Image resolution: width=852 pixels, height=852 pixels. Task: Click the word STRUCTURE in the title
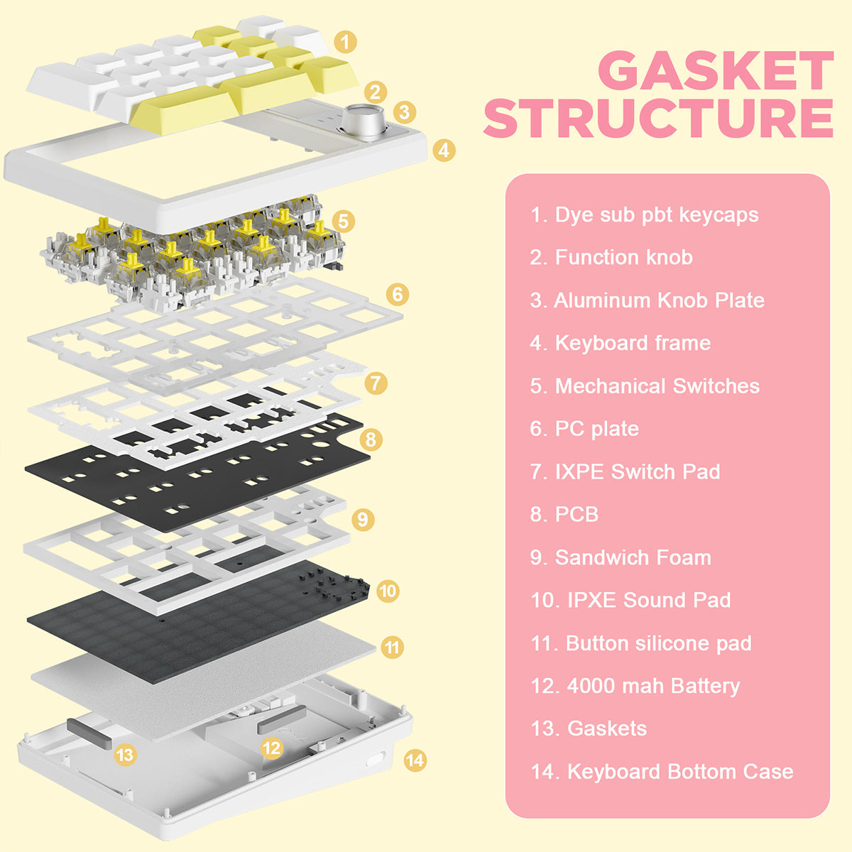[x=659, y=118]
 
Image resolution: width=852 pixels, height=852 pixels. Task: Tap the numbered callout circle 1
[x=345, y=43]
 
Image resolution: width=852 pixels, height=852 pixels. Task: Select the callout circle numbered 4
[x=444, y=151]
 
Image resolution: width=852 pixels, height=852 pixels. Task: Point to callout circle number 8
[x=370, y=439]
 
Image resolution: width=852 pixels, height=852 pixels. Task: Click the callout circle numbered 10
[x=388, y=591]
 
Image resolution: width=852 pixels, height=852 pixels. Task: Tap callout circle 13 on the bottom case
[x=126, y=754]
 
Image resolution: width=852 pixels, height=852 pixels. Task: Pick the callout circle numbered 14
[x=415, y=760]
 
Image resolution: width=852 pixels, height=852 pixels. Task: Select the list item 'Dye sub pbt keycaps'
[x=644, y=215]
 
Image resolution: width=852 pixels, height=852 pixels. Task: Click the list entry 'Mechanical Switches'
[x=645, y=386]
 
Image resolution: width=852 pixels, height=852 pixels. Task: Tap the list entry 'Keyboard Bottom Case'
[x=662, y=772]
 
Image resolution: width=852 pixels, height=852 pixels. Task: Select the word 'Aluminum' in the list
[x=602, y=300]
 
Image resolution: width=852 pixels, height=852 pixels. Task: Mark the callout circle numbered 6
[x=398, y=294]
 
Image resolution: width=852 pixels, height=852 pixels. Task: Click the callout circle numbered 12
[x=271, y=748]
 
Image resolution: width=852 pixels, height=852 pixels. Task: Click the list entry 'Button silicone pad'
[x=641, y=643]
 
